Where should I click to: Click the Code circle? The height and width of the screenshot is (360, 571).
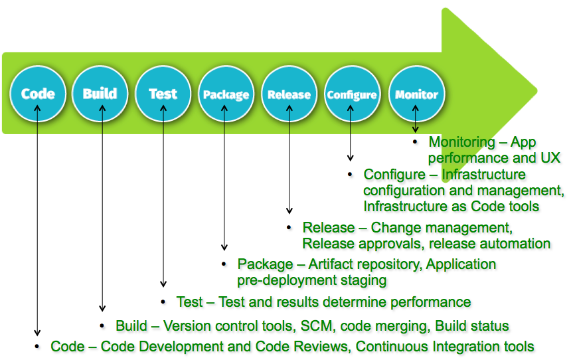38,94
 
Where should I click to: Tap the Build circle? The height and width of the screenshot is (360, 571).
100,94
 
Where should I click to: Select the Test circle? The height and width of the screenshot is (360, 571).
163,94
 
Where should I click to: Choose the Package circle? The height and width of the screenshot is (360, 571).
226,94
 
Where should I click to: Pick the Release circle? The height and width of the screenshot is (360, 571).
289,94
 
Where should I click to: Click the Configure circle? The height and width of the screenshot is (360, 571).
352,94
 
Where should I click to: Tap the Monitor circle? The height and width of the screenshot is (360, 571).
416,94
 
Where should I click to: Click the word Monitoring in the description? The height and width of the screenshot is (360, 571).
462,142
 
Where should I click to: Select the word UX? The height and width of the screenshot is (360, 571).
549,158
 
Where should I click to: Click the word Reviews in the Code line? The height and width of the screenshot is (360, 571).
323,347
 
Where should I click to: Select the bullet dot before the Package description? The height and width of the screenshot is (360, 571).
224,263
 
